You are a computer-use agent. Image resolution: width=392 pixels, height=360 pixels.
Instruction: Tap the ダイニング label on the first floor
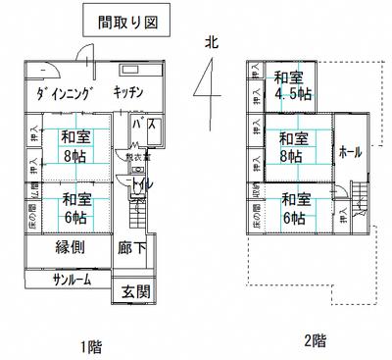point(63,93)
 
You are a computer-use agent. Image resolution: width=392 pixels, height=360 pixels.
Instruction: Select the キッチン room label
point(128,92)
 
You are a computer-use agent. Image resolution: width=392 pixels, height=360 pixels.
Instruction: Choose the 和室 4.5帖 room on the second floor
point(292,86)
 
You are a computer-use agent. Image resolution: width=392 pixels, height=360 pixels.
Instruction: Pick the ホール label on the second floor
point(350,153)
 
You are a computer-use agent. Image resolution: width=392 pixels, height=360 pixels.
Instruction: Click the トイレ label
point(139,183)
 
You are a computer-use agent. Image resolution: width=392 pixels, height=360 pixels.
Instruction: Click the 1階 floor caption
point(90,344)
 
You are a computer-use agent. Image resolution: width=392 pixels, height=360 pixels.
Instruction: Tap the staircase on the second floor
point(361,202)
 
